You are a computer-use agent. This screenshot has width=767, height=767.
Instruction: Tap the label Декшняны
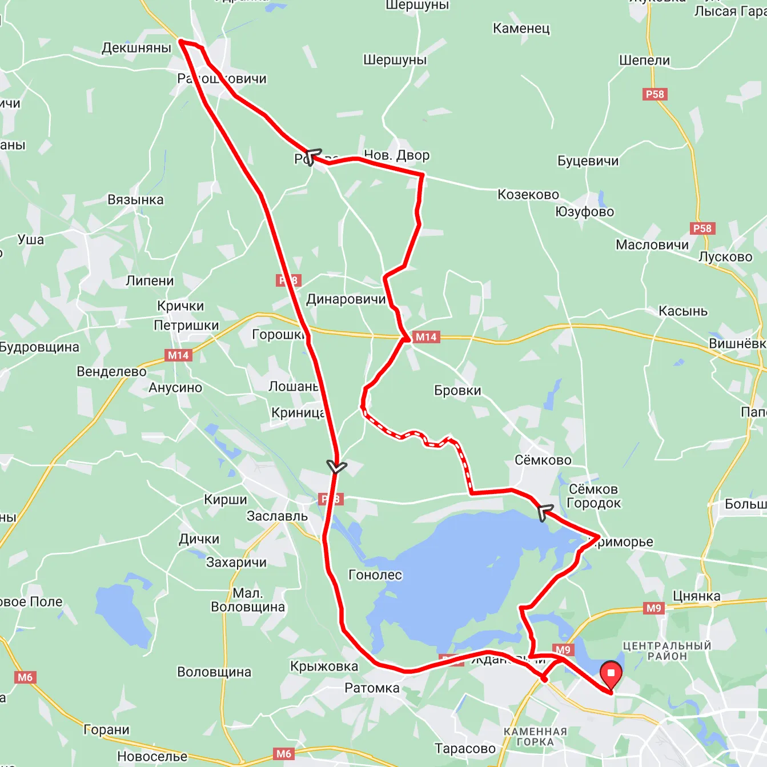coord(136,48)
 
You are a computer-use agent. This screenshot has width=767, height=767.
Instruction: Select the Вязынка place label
coord(135,200)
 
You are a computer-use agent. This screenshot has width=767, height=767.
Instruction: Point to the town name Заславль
coord(277,516)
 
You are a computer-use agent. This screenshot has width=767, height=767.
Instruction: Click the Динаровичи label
coord(346,299)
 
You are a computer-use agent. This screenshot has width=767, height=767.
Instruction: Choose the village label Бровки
coord(457,391)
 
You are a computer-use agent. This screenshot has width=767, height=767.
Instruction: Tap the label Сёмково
coord(543,460)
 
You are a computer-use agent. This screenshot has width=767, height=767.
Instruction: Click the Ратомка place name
coord(372,688)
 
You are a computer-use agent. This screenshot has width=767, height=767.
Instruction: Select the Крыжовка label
coord(324,666)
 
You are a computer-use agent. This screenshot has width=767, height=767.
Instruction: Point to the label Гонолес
coord(375,575)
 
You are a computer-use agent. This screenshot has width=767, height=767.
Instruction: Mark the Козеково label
coord(528,195)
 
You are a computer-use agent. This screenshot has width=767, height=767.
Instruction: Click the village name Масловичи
coord(652,245)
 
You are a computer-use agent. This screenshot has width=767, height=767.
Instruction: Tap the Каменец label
coord(521,29)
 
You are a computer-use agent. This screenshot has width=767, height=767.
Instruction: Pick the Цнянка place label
coord(696,596)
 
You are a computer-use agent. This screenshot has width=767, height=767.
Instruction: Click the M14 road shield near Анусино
coord(178,355)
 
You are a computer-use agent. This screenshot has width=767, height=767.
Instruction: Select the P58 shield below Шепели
coord(654,94)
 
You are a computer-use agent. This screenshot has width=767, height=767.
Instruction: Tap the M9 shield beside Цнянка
coord(653,608)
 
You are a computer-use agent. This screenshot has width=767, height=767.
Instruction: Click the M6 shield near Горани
coord(25,677)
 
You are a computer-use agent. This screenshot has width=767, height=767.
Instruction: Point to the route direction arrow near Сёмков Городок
coord(545,512)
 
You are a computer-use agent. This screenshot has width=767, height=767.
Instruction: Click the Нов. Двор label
coord(396,155)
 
